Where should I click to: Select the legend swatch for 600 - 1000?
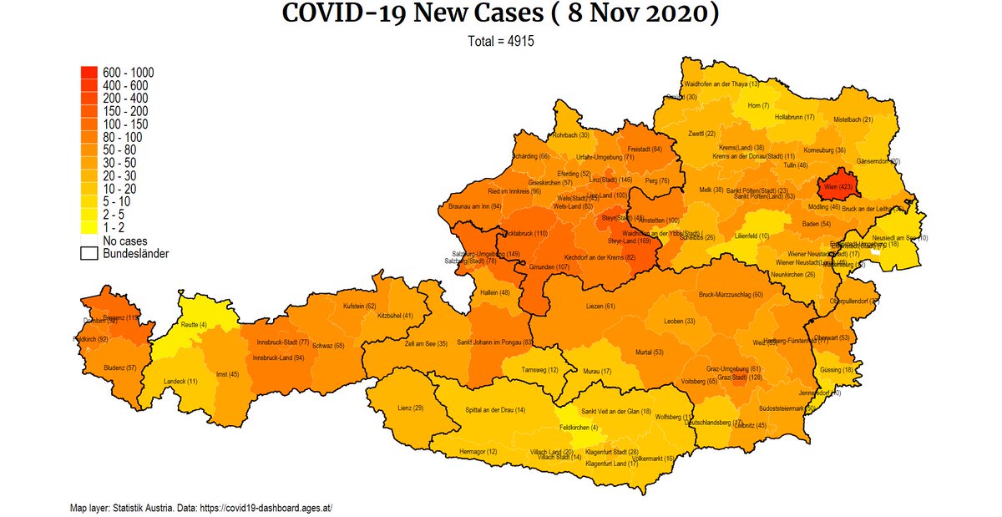89,73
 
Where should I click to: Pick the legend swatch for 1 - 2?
89,228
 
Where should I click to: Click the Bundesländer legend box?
89,253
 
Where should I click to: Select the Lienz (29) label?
411,408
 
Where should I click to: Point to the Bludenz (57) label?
109,368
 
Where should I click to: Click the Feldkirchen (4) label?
578,428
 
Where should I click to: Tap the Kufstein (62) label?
359,307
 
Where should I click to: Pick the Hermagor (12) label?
478,452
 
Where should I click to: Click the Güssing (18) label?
836,369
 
